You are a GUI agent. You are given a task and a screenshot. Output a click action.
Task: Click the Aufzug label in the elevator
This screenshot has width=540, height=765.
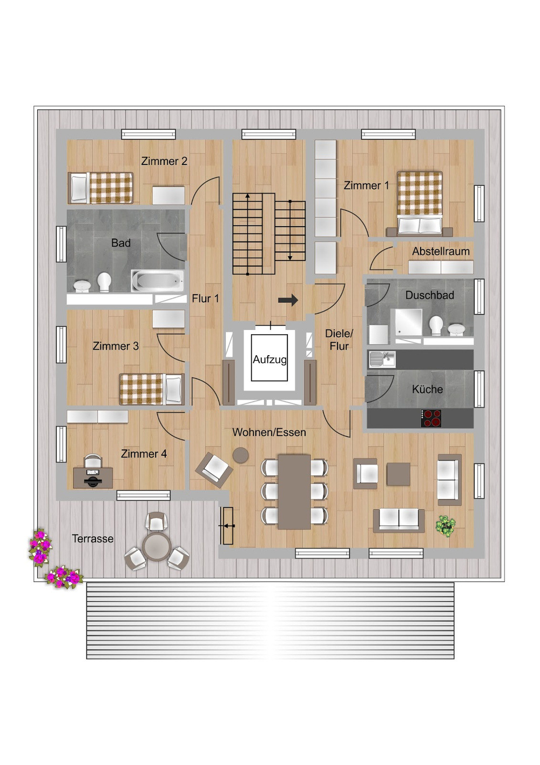point(269,360)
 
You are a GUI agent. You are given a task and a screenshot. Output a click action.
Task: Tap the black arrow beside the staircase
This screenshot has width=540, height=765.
point(288,300)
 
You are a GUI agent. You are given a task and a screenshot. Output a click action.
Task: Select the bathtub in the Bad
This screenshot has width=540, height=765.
point(158,281)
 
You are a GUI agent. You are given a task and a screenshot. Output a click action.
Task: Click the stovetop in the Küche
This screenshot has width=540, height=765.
point(431,418)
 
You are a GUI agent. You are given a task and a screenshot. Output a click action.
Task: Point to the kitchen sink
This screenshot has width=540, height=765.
point(382,359)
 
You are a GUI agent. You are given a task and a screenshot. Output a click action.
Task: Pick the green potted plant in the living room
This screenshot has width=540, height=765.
point(446,526)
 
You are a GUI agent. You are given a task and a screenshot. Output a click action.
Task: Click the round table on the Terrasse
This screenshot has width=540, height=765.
point(157,547)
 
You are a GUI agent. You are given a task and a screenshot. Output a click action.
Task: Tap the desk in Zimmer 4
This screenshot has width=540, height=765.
point(93,478)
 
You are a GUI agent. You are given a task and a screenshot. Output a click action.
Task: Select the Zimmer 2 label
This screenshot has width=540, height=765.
point(164,161)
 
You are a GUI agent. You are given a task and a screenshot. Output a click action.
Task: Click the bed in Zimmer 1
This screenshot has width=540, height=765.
point(420,203)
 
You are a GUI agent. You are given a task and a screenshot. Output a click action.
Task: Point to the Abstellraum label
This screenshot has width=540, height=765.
point(441,251)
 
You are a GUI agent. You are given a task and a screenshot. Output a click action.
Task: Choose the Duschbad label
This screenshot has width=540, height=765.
point(429,295)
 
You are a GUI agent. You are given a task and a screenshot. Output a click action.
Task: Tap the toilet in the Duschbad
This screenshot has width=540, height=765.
point(436,325)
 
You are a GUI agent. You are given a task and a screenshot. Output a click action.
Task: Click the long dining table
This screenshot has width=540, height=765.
point(294,492)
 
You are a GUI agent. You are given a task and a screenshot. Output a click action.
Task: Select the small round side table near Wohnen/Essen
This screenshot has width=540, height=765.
point(240,455)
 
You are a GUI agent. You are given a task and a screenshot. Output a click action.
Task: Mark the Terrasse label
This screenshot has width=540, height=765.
point(92,538)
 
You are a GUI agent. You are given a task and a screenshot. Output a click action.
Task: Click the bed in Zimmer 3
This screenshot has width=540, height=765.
point(152,389)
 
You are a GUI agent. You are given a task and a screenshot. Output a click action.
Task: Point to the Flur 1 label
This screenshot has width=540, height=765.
point(205,298)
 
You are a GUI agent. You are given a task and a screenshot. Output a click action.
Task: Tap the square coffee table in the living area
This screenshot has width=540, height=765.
point(398,474)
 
